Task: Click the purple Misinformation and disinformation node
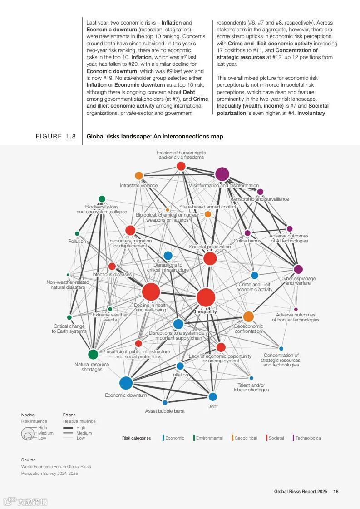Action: tap(222, 174)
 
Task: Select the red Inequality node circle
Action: tap(206, 298)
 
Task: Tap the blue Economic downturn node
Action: tap(126, 383)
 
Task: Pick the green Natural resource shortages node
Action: tap(93, 354)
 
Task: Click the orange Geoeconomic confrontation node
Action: tap(248, 316)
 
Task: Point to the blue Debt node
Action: tap(212, 397)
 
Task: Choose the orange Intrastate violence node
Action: tap(139, 176)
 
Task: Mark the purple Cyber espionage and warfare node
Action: tap(298, 269)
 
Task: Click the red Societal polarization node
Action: tap(210, 259)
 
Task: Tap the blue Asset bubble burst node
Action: tap(165, 402)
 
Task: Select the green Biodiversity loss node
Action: tap(102, 199)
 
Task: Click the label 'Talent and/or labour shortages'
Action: tap(251, 387)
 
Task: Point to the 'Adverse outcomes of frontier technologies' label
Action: tap(296, 317)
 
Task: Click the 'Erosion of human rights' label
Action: tap(181, 155)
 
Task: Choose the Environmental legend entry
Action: tap(209, 438)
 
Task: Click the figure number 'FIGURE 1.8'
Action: tap(56, 136)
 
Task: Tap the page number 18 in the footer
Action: tap(335, 491)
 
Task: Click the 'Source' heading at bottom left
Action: tap(28, 460)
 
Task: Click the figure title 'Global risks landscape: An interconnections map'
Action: tap(155, 136)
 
